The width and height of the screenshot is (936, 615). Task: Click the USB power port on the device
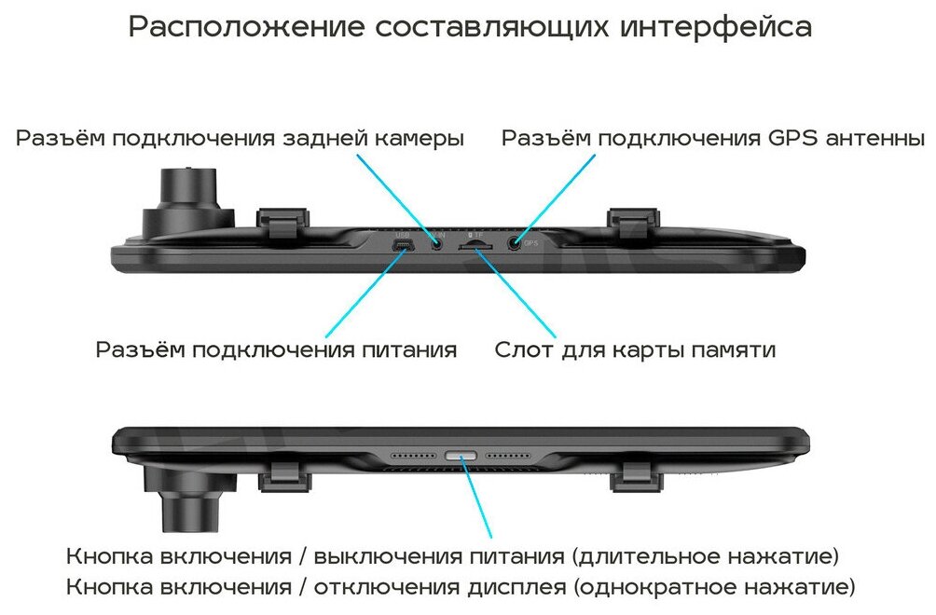[x=404, y=246]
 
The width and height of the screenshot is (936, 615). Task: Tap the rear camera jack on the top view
[x=436, y=243]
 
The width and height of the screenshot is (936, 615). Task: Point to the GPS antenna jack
[x=514, y=243]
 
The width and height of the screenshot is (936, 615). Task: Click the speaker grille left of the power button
[x=412, y=458]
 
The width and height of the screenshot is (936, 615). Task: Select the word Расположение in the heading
[x=246, y=27]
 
